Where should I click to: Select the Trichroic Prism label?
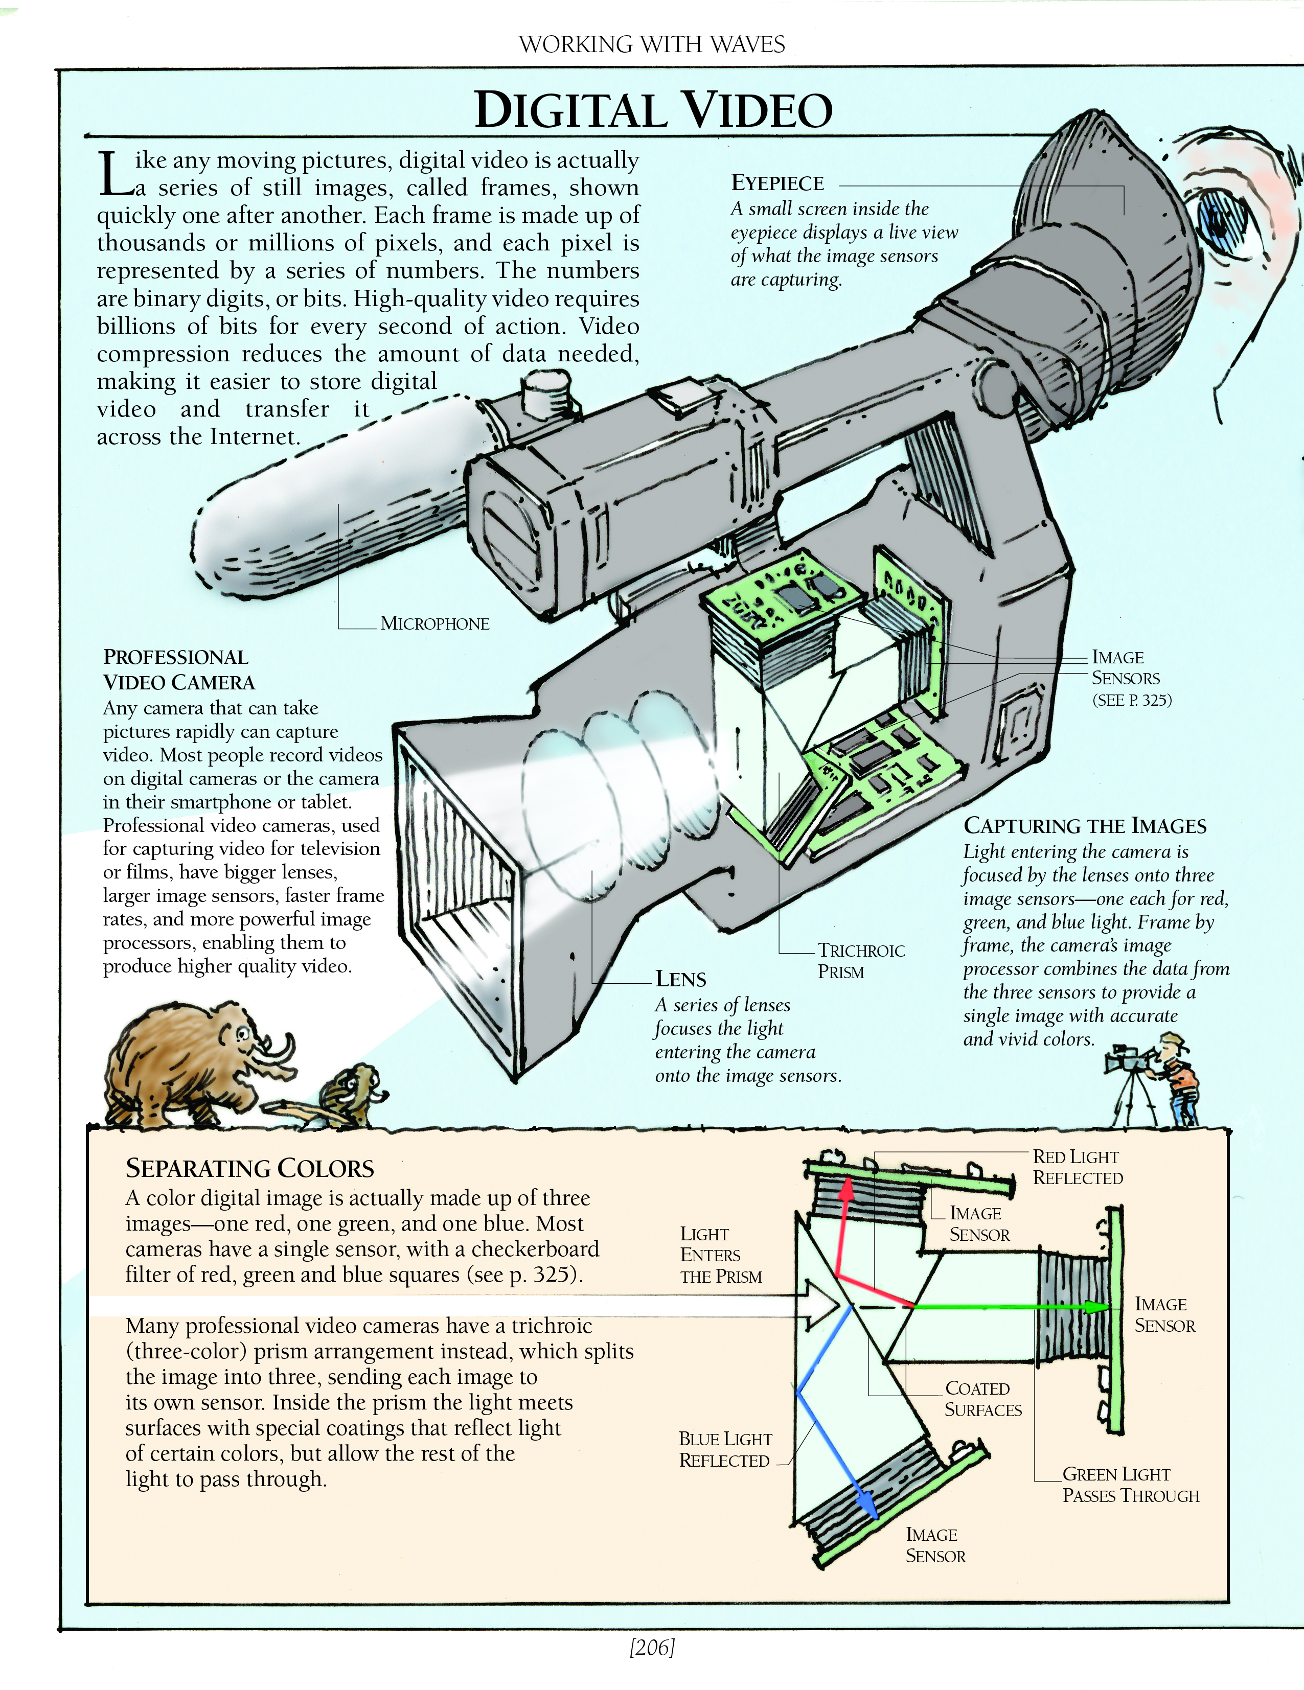pos(861,961)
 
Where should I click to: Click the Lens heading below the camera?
pos(680,979)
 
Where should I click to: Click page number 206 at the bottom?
pos(652,1648)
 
